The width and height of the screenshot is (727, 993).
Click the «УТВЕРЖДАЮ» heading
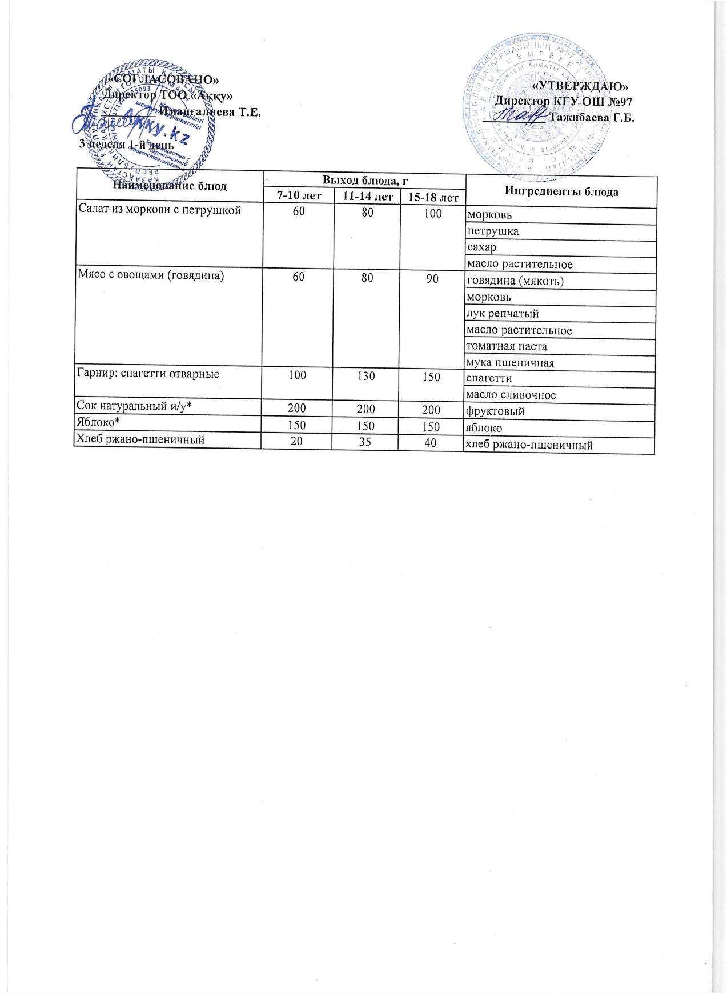[580, 86]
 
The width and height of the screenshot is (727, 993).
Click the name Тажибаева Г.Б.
[591, 118]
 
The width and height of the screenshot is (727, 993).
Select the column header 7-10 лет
[299, 196]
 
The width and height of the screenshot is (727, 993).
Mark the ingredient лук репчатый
[503, 313]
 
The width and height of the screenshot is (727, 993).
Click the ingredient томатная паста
[507, 346]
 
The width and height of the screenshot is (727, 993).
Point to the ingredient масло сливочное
[511, 395]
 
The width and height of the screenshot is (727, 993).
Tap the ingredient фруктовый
[495, 411]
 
